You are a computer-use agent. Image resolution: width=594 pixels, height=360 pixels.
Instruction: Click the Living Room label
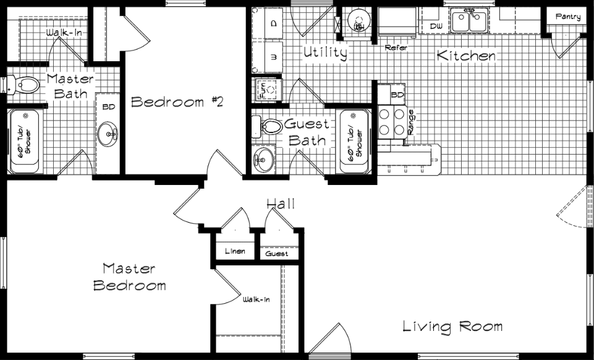452,326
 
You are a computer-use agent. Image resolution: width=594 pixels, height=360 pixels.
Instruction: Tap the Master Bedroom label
129,277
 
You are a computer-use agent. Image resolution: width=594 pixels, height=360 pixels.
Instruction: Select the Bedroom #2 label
176,102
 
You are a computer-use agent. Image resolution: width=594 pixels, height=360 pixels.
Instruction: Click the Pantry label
567,17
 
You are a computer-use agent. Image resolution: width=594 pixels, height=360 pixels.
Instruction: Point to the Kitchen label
466,56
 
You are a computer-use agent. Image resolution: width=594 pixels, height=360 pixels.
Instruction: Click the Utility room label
325,53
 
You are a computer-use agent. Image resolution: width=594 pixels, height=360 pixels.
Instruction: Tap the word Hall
280,204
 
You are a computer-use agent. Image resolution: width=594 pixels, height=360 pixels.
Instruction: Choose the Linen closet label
235,252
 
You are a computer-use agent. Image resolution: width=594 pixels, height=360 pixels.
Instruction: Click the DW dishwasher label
436,26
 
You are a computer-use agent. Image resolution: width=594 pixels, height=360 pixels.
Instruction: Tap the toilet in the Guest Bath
269,127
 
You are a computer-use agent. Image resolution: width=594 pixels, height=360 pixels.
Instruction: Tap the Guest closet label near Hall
277,254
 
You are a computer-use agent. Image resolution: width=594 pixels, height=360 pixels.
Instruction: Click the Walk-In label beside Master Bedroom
256,300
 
